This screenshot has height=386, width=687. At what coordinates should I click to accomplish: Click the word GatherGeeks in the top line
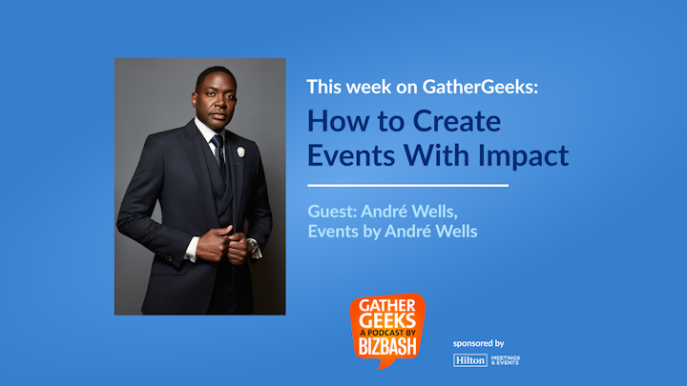[x=480, y=87]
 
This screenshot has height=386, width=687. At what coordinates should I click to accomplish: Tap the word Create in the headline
[x=456, y=121]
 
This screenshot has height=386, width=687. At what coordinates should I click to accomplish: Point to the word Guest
[x=332, y=212]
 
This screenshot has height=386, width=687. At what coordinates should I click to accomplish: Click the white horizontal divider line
[x=408, y=186]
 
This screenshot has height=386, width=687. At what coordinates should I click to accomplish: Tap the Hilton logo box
[x=470, y=360]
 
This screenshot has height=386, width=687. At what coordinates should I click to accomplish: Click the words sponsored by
[x=478, y=343]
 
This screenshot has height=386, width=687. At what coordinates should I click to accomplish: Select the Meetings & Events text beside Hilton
[x=505, y=360]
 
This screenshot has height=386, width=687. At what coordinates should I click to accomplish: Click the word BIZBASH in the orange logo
[x=387, y=347]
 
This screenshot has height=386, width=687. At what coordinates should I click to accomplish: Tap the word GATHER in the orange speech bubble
[x=387, y=306]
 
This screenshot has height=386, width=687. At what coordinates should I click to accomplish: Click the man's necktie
[x=219, y=154]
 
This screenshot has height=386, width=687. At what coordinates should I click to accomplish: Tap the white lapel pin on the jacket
[x=240, y=152]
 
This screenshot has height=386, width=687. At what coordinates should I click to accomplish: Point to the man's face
[x=216, y=101]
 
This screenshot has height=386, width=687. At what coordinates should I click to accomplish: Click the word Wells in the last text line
[x=458, y=231]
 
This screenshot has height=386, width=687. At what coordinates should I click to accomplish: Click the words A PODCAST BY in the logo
[x=387, y=333]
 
